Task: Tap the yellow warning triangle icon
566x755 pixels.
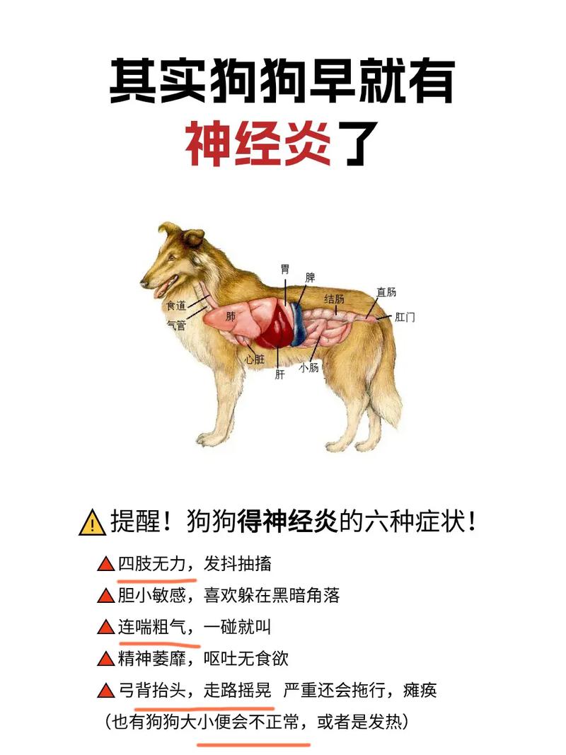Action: (92, 524)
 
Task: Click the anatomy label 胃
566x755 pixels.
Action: (285, 269)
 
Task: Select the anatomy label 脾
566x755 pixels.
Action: (310, 278)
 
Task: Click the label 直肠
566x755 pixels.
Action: (386, 292)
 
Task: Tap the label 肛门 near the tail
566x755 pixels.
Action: (405, 317)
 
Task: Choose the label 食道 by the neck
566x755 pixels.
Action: (176, 306)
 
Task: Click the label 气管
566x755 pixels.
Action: (176, 325)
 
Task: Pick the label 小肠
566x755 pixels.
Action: (309, 367)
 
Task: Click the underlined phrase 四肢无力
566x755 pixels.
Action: (151, 564)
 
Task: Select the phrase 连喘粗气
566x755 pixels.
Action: (151, 627)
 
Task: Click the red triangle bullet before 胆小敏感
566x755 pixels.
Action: (105, 596)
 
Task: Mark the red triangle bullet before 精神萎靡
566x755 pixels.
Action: (105, 659)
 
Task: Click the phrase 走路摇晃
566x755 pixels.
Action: (238, 690)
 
